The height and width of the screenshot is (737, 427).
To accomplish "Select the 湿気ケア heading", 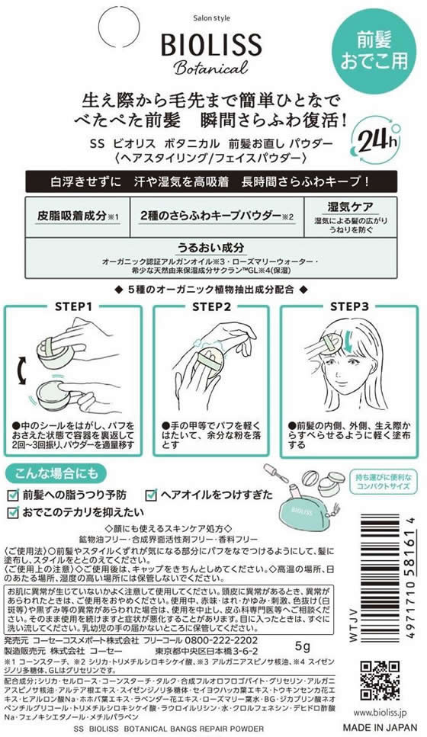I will pyautogui.click(x=349, y=206).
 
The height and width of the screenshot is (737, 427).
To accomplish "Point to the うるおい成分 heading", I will pyautogui.click(x=211, y=248).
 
